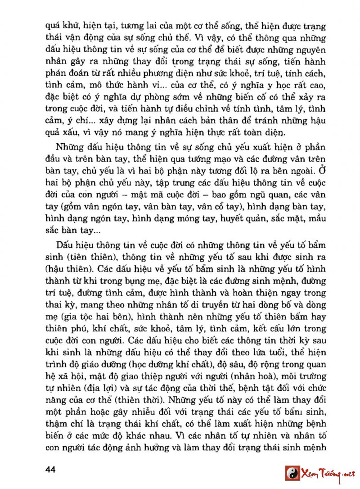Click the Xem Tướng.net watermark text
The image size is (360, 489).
point(328,474)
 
